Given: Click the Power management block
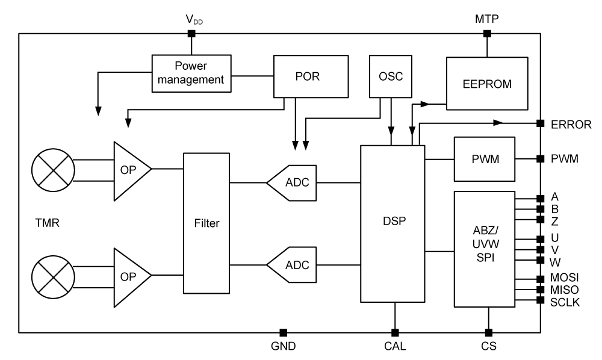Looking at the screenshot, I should coord(191,73).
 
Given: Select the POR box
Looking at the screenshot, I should coord(311,76).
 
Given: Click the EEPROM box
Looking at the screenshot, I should coord(486,83).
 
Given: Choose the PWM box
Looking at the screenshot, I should coord(484,159).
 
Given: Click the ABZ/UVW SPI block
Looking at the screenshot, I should coord(484,248).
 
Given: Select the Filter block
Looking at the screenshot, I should coord(206,223).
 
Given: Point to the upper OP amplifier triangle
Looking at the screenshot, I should coord(129,170).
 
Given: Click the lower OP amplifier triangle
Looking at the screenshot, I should coord(129,276).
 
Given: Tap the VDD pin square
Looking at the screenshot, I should coord(191,34).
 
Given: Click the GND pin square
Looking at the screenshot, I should coord(283,332).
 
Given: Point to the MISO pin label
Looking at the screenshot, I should coord(565,290).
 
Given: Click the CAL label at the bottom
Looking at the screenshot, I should coord(395,347).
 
